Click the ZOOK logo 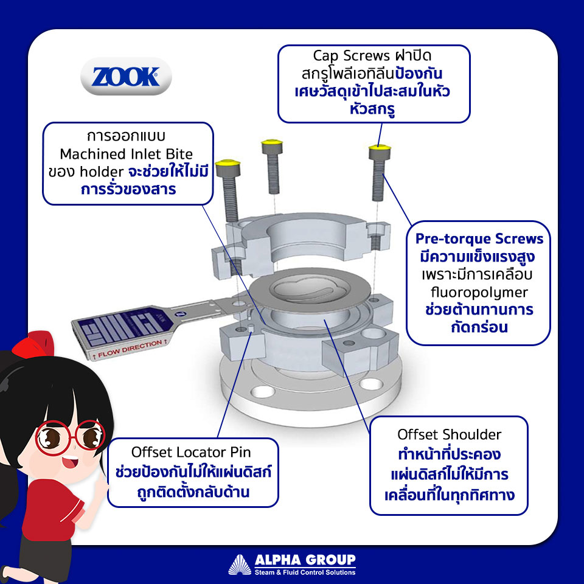click(x=126, y=77)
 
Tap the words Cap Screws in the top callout click(x=351, y=56)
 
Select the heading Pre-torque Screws click(x=479, y=238)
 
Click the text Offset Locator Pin click(x=191, y=452)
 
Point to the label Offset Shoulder click(x=449, y=434)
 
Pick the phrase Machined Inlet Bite click(x=127, y=154)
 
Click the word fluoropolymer click(x=479, y=293)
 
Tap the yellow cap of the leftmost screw click(x=228, y=163)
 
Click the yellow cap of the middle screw click(x=272, y=142)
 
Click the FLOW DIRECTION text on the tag click(x=130, y=349)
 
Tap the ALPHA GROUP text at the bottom click(x=305, y=560)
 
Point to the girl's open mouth click(x=69, y=463)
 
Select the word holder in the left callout click(x=102, y=172)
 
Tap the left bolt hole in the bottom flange click(x=263, y=391)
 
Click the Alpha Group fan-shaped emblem click(x=240, y=565)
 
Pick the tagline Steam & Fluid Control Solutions click(x=305, y=572)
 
